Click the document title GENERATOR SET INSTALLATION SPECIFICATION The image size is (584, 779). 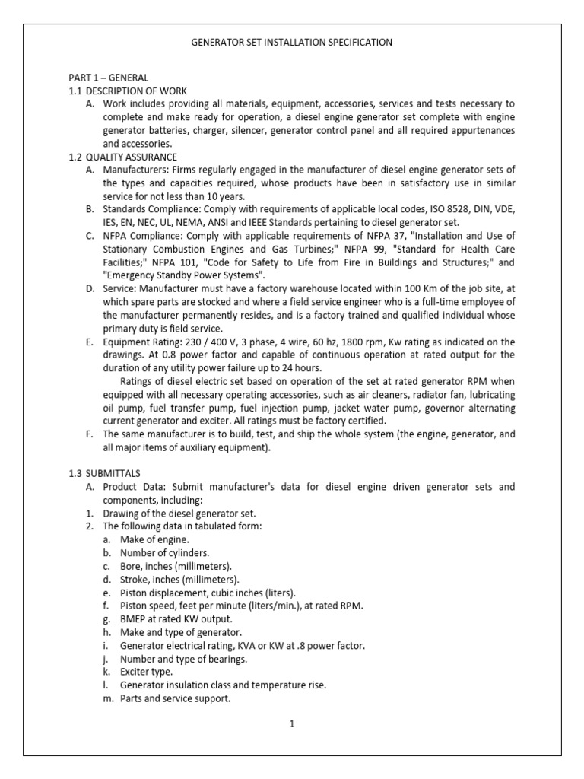[x=291, y=43]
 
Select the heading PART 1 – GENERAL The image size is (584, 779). [x=109, y=78]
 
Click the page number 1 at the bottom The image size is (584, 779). [x=291, y=723]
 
